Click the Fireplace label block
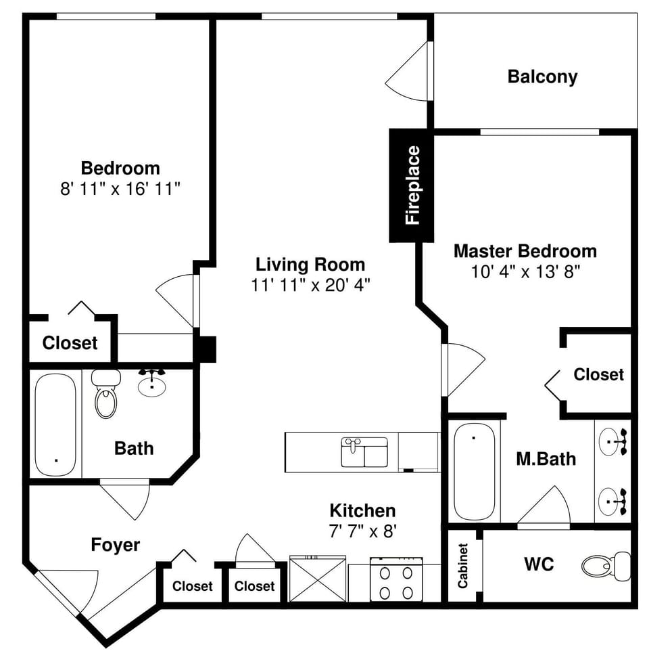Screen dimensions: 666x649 (411, 185)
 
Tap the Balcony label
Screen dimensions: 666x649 (542, 76)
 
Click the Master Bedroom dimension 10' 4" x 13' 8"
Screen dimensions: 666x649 (526, 272)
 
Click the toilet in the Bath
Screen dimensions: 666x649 (105, 397)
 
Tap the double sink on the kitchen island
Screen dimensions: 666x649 (364, 452)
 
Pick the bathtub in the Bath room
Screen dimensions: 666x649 (55, 425)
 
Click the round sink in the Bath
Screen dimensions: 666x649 (153, 385)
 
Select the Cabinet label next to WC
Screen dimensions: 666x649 (463, 565)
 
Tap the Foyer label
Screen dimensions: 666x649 (116, 545)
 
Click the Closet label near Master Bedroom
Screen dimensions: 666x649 (598, 374)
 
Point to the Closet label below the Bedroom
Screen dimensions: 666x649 (70, 343)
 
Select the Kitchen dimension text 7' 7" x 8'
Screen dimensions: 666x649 (362, 531)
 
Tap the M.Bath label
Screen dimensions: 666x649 (546, 460)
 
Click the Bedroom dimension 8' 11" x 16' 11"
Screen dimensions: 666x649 (120, 189)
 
